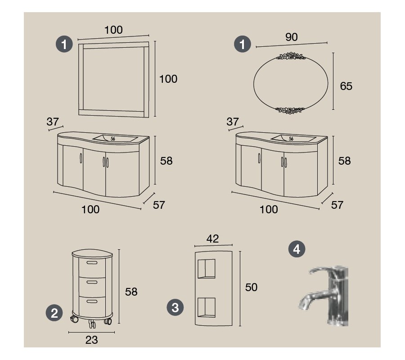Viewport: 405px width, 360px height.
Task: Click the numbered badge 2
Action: click(x=54, y=313)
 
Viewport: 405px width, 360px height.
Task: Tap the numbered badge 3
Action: click(x=175, y=307)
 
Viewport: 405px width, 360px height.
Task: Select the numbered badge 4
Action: click(x=297, y=249)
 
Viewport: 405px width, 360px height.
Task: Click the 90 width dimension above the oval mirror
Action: click(x=291, y=37)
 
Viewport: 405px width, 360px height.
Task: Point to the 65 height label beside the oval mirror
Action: click(x=346, y=86)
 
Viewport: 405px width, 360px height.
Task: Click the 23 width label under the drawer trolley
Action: click(x=92, y=340)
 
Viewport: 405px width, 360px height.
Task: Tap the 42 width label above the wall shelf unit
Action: click(x=212, y=238)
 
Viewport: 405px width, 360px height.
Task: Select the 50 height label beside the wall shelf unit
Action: click(x=251, y=287)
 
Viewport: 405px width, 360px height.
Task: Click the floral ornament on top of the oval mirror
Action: click(x=291, y=56)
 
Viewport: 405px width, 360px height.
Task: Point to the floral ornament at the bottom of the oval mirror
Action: click(x=290, y=111)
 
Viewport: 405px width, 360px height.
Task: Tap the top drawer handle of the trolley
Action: click(x=92, y=263)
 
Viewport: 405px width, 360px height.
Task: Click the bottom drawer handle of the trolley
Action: click(x=92, y=301)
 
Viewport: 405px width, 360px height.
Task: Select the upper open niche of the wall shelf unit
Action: click(x=207, y=269)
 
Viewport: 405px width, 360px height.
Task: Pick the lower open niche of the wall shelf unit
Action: click(x=207, y=307)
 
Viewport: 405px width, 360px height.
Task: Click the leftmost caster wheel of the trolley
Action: click(x=75, y=319)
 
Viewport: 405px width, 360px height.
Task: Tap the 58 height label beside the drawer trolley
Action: click(x=131, y=292)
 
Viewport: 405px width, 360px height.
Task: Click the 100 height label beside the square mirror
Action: click(x=168, y=79)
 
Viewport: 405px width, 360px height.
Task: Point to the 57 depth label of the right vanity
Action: click(x=337, y=205)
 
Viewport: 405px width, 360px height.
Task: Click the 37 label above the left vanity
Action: click(x=53, y=121)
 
